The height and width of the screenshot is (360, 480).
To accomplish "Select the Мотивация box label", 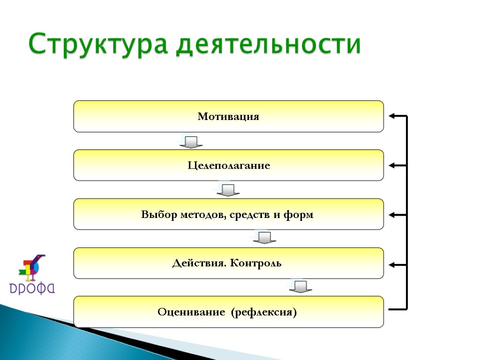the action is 228,117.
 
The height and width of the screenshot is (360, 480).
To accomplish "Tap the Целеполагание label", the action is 229,166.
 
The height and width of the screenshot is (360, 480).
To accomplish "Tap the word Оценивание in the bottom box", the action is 191,312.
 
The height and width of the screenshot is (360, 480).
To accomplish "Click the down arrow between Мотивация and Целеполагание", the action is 191,142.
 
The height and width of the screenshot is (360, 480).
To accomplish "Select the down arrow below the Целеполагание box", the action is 228,190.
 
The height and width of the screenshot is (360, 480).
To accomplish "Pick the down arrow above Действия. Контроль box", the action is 264,238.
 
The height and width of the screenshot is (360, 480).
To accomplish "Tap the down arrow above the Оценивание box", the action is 300,286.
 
